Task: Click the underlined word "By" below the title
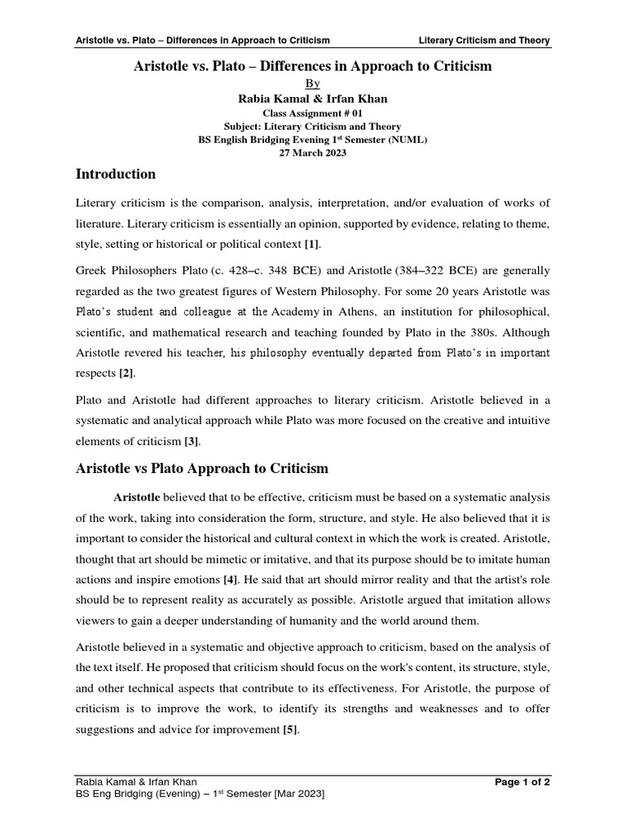point(313,83)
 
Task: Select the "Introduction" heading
point(115,174)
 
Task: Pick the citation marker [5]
point(290,730)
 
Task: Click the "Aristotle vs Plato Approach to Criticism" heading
point(201,468)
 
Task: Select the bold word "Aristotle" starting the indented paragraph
point(138,497)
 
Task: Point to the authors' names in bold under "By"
point(313,99)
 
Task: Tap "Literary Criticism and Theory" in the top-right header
point(483,40)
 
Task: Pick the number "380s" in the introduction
point(482,332)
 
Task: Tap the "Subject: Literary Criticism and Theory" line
point(313,126)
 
